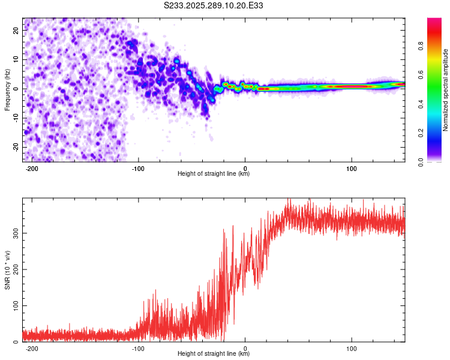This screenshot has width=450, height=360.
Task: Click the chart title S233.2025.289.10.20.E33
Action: point(214,6)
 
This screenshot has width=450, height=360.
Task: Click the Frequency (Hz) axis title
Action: point(8,89)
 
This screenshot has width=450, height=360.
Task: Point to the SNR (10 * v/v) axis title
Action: point(8,270)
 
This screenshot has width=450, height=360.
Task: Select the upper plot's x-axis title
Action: point(214,174)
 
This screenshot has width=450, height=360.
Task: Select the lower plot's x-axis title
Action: point(214,354)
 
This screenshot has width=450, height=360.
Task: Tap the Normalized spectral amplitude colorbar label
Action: point(445,90)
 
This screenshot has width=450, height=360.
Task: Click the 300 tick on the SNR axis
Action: point(14,233)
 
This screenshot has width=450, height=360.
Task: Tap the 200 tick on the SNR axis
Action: point(14,269)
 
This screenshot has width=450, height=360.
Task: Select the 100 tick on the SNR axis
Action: point(14,306)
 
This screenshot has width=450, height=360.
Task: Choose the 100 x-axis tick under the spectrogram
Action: point(352,167)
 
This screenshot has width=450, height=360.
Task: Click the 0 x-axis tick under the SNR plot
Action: point(245,348)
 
